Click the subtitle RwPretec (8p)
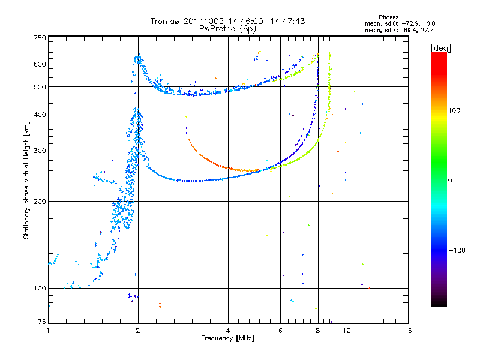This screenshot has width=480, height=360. [227, 29]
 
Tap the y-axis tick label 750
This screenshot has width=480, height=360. [40, 38]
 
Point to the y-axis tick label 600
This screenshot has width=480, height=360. [40, 64]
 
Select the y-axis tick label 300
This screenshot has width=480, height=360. [40, 151]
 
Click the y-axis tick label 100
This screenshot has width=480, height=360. [40, 289]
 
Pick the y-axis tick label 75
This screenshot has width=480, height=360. [42, 322]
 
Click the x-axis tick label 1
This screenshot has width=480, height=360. [48, 331]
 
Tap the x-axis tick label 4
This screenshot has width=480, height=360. [228, 331]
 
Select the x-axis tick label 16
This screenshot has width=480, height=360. [408, 331]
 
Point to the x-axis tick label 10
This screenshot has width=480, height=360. [347, 331]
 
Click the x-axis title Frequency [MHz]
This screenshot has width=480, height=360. [227, 338]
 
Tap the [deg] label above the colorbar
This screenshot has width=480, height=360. [440, 48]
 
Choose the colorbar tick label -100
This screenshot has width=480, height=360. [457, 250]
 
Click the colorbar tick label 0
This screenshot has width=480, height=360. [450, 181]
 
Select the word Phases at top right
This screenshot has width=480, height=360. [388, 17]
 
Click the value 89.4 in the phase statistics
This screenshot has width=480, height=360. [410, 31]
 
